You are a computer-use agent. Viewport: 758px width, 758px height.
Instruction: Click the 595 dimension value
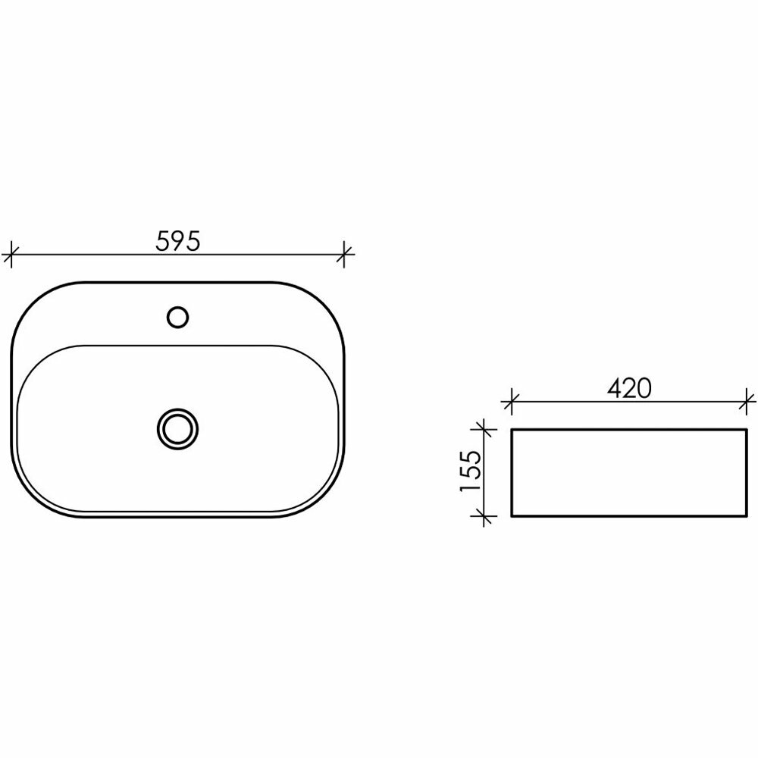coord(177,241)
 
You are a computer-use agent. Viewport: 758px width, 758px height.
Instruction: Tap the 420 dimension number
coord(629,388)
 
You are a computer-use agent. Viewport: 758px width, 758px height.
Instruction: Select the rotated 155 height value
coord(471,471)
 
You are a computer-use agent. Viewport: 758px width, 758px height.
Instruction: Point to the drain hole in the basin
coord(178,429)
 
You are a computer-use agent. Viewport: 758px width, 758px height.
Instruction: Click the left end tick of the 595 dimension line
coord(11,254)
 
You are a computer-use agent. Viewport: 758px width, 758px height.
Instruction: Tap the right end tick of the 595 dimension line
coord(343,254)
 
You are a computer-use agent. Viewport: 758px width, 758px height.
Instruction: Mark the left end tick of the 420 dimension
coord(512,401)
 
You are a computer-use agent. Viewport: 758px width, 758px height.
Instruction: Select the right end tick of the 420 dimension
coord(747,401)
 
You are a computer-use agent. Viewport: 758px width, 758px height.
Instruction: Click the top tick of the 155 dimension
coord(484,429)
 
